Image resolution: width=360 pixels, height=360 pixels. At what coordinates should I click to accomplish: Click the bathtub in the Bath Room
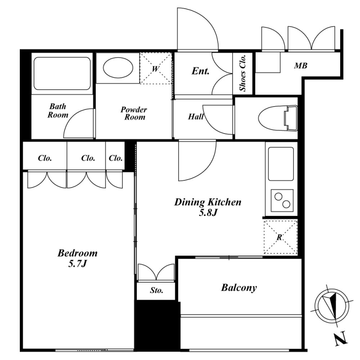(x=62, y=73)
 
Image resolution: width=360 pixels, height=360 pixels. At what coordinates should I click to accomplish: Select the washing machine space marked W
(x=156, y=68)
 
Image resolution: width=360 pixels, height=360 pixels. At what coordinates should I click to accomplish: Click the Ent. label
(x=200, y=71)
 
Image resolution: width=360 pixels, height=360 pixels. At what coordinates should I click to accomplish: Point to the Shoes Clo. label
(x=243, y=73)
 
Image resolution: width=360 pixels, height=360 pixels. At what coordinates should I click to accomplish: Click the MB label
(x=301, y=66)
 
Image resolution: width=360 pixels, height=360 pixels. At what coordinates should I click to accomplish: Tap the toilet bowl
(x=278, y=118)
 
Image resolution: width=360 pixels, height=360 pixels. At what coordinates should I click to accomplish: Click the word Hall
(x=196, y=117)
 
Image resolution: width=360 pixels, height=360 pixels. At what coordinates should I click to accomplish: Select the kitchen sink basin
(x=281, y=164)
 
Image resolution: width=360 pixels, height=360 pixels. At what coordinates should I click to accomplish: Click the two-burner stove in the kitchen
(x=282, y=200)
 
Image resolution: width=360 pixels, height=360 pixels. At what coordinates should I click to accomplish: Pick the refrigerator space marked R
(x=280, y=237)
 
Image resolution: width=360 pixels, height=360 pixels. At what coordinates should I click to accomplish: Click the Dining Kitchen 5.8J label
(x=208, y=207)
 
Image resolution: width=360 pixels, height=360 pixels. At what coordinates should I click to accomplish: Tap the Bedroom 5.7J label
(x=77, y=258)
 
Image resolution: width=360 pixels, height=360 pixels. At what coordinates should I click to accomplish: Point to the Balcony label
(x=239, y=288)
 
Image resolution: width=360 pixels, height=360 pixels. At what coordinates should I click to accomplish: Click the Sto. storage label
(x=157, y=290)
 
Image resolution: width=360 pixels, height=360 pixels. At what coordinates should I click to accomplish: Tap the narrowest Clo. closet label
(x=116, y=158)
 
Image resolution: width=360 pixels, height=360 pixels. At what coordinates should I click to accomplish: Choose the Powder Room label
(x=134, y=113)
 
